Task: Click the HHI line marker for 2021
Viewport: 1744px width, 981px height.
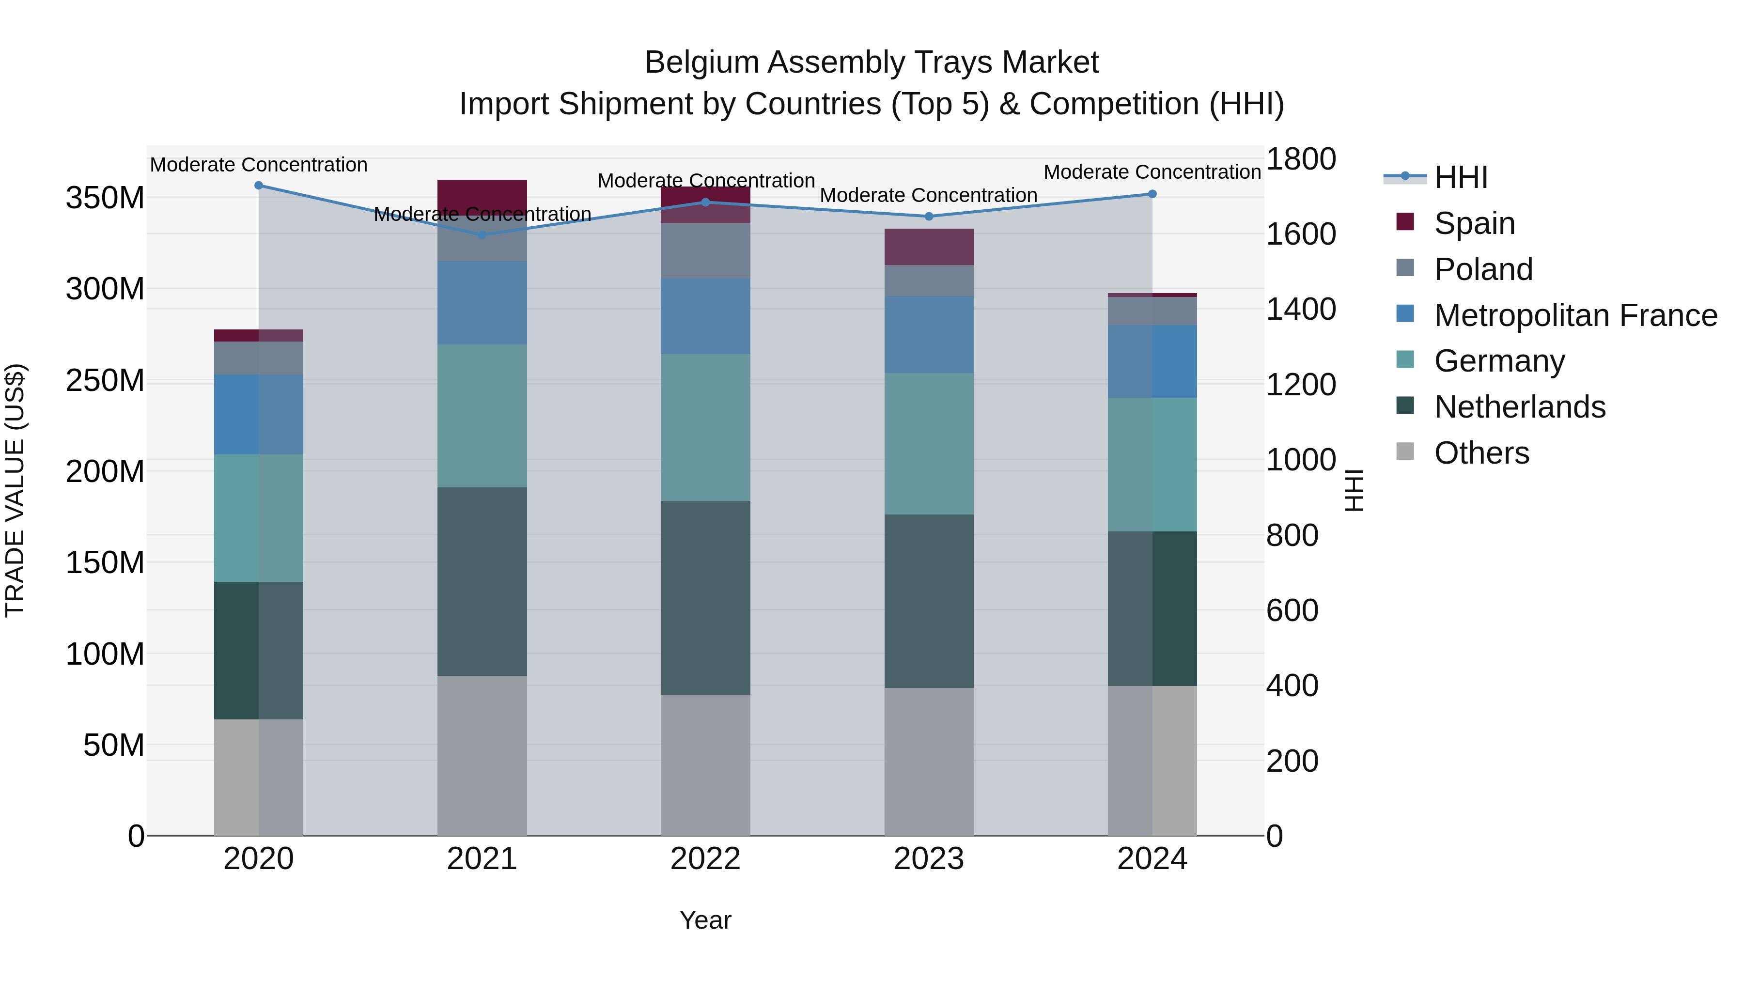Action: tap(482, 235)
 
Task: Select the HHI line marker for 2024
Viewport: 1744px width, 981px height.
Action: tap(1152, 194)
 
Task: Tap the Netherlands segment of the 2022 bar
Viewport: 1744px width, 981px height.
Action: tap(705, 597)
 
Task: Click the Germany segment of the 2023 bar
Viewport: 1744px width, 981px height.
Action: tap(929, 443)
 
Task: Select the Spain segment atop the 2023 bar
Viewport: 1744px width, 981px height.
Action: tap(929, 247)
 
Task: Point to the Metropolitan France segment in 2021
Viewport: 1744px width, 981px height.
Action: tap(482, 303)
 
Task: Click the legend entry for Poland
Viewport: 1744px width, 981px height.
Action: tap(1483, 269)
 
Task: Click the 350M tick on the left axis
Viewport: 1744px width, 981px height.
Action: tap(105, 198)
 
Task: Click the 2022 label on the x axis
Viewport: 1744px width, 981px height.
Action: tap(705, 859)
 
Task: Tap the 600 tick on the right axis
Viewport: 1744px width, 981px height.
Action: tap(1292, 611)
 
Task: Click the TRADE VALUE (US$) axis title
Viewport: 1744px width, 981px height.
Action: tap(16, 490)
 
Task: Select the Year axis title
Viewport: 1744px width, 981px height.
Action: tap(705, 920)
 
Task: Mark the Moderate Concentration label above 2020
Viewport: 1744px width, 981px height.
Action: tap(259, 165)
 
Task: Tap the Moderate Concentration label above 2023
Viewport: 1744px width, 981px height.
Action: tap(928, 196)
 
